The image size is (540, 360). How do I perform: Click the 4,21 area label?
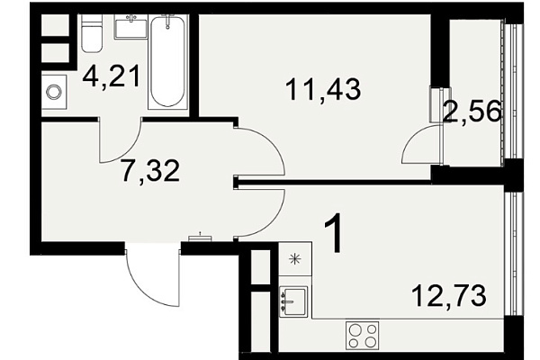point(112,77)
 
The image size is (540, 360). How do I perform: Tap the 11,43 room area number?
point(323,89)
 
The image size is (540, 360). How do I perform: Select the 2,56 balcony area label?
point(472,111)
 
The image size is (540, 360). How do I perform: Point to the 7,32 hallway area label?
point(151,171)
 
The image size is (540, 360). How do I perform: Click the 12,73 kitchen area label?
point(449,295)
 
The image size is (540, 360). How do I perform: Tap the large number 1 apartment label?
point(333,232)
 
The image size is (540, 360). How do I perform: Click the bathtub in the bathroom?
point(167,62)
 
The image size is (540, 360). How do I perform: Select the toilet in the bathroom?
point(92,33)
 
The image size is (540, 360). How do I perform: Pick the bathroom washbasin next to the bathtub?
point(130,26)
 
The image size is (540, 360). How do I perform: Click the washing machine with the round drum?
point(54,92)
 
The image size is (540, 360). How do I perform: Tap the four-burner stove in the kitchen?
point(363,335)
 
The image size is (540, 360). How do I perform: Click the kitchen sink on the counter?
point(292,301)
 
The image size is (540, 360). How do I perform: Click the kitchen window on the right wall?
point(514,254)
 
